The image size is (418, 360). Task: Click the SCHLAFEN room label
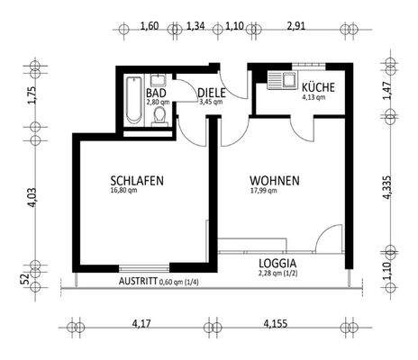138,180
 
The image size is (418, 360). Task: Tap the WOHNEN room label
276,180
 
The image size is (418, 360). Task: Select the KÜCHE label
319,87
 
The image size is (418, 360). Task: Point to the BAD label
157,93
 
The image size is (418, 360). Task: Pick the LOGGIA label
278,265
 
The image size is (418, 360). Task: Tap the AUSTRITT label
137,281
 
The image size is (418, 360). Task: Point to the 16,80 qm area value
124,191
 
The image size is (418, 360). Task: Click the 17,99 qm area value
262,191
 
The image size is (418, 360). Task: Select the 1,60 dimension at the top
150,27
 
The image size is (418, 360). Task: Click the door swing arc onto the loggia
330,241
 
